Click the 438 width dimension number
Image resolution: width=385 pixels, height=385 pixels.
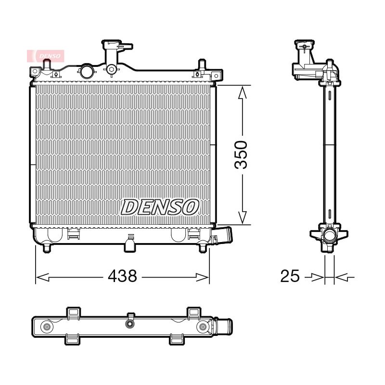pos(122,276)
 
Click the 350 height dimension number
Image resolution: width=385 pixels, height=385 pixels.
pos(241,155)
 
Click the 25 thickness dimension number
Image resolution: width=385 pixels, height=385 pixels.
pos(290,276)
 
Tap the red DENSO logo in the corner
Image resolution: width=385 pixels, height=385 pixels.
pos(46,56)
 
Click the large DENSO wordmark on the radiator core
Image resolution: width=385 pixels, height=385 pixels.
pos(160,207)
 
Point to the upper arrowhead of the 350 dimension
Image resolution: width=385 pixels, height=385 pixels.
pos(243,93)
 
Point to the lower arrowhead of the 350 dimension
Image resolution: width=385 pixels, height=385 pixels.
pos(243,218)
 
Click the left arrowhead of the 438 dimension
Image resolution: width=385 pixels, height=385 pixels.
pos(43,278)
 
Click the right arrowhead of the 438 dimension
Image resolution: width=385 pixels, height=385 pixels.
pos(202,278)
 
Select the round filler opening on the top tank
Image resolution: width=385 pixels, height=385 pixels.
pos(87,71)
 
